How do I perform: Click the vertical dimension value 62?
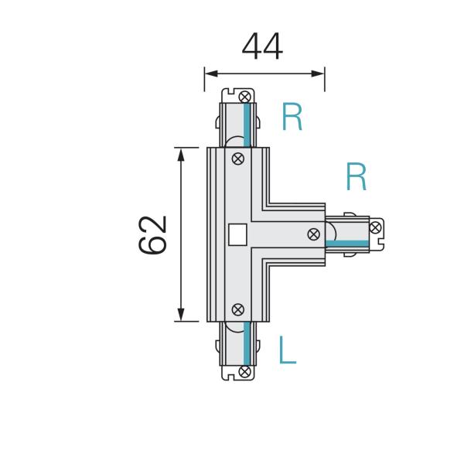(154, 234)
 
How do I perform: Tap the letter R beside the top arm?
(292, 117)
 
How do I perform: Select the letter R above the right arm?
(356, 177)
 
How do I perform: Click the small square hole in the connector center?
(238, 233)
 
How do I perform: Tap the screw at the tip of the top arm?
(245, 97)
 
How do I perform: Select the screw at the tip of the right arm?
(375, 227)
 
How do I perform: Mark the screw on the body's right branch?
(314, 234)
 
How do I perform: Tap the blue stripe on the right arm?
(346, 244)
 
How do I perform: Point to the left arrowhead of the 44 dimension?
(210, 74)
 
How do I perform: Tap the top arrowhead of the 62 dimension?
(182, 152)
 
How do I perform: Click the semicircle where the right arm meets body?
(331, 229)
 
